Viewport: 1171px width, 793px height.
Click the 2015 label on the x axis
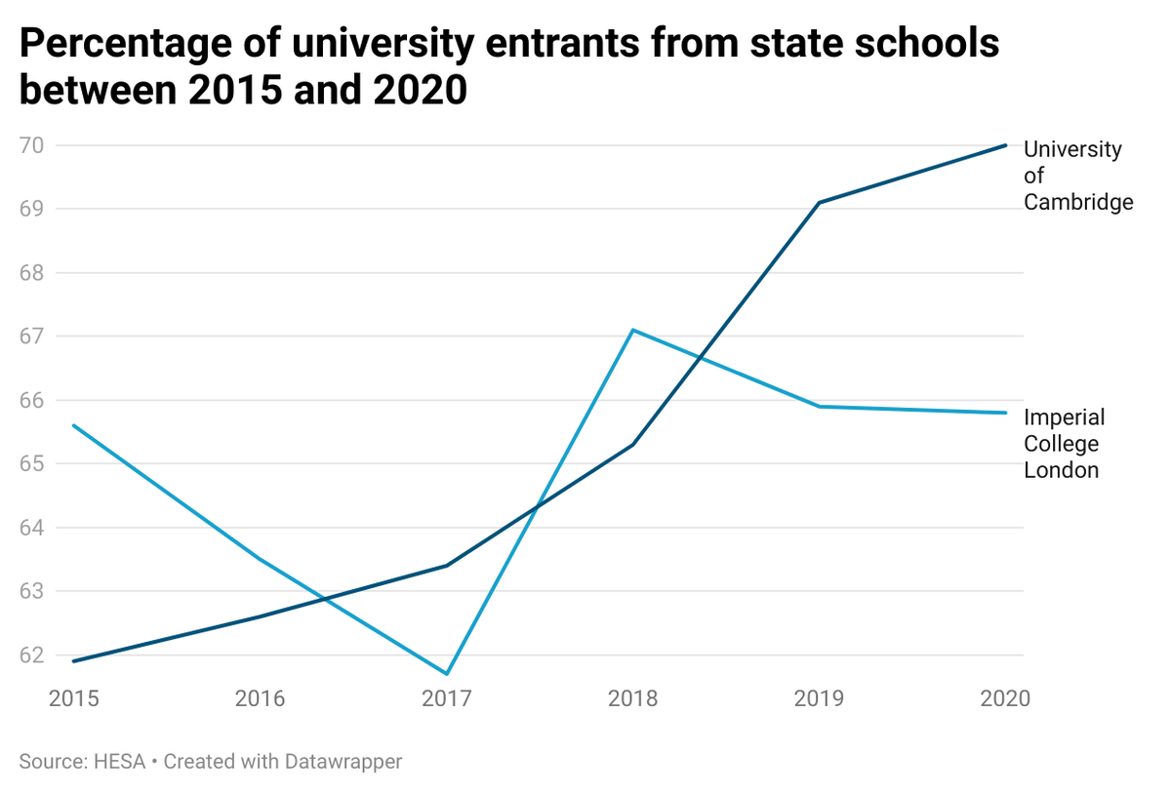pos(74,699)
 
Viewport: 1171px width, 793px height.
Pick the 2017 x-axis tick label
pos(447,699)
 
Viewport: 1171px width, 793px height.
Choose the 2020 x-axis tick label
pos(1003,699)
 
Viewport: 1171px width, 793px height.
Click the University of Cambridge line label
pos(1077,176)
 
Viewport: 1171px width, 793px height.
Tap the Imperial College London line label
pos(1064,444)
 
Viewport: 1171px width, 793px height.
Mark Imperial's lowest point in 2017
pos(447,674)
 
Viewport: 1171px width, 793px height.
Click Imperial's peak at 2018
pos(633,330)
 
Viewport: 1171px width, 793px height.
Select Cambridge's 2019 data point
pos(820,203)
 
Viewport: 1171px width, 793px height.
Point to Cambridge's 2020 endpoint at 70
pos(1005,145)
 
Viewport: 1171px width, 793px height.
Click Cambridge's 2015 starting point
pos(74,661)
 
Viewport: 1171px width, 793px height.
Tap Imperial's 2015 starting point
pos(74,425)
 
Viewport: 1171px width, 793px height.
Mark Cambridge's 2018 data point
pos(633,445)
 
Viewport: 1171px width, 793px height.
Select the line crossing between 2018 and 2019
pos(700,358)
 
